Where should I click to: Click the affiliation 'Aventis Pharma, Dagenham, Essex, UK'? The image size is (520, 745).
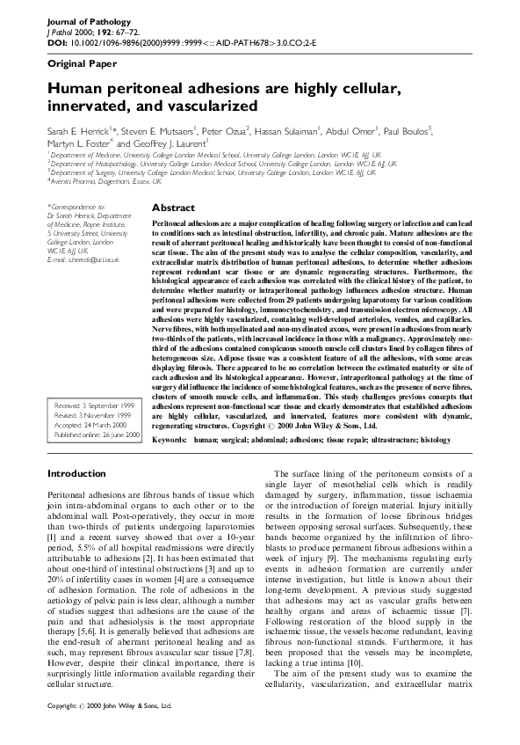coord(105,182)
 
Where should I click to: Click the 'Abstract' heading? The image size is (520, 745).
coord(173,208)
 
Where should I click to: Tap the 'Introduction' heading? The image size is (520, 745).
coord(76,474)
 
